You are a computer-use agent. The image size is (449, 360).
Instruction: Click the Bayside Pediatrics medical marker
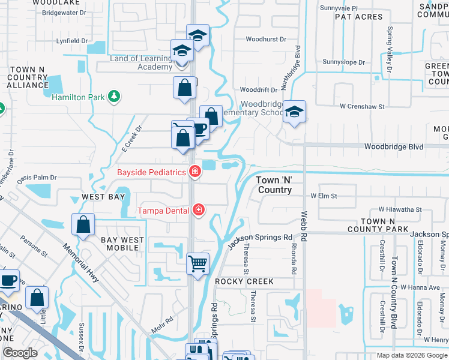coord(195,172)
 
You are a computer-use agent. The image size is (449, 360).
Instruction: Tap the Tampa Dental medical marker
coord(199,210)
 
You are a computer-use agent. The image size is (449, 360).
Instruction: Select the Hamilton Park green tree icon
coord(112,97)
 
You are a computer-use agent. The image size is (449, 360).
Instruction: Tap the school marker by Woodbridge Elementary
coord(294,112)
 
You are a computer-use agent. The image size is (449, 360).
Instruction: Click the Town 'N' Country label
coord(275,185)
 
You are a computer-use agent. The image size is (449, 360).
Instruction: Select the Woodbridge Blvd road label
coord(394,147)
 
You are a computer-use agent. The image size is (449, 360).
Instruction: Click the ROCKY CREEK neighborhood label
coord(244,281)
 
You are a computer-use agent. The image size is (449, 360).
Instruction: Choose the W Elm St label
coord(324,196)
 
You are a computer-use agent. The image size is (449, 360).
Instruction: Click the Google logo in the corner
coord(20,353)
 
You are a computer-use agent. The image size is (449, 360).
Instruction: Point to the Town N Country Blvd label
coord(394,292)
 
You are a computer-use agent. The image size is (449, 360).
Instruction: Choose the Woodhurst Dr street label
coord(267,39)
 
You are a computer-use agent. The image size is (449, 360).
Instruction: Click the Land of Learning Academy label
coord(141,62)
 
